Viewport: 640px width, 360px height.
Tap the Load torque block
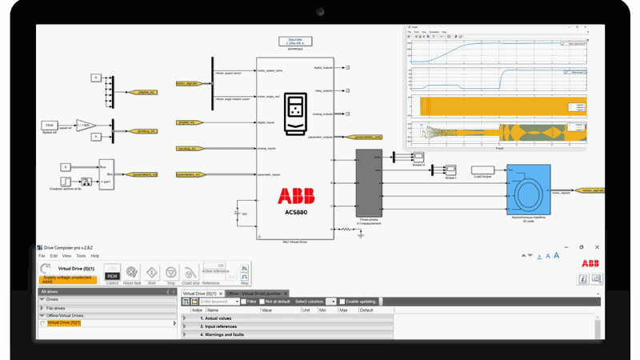pos(481,169)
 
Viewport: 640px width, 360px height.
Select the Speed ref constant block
pos(50,126)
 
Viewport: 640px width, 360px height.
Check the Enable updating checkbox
pos(342,302)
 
